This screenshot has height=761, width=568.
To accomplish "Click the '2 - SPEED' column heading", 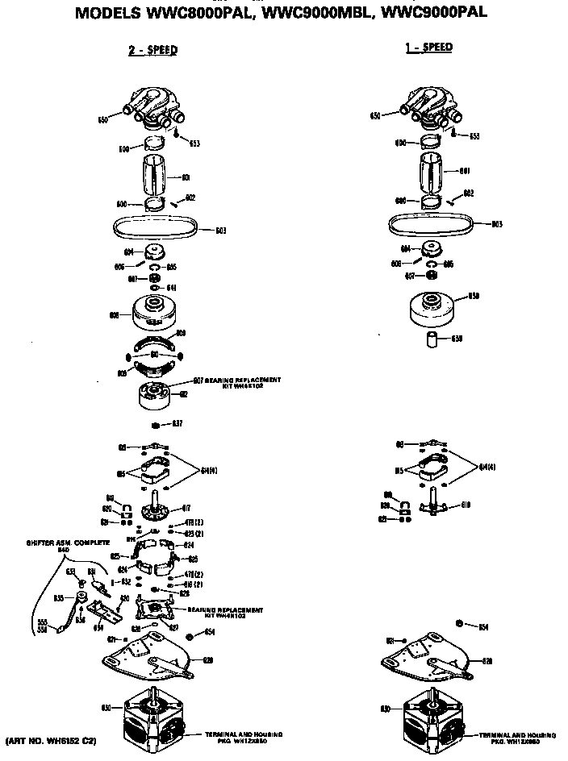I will pos(152,50).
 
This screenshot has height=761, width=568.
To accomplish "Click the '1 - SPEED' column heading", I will pos(428,48).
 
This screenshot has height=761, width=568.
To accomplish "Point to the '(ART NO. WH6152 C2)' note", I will pos(51,739).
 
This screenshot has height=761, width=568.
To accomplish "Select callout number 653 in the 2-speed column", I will pos(194,143).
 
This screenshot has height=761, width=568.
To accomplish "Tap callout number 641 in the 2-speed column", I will pos(171,288).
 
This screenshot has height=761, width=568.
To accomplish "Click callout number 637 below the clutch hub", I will pos(177,423).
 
